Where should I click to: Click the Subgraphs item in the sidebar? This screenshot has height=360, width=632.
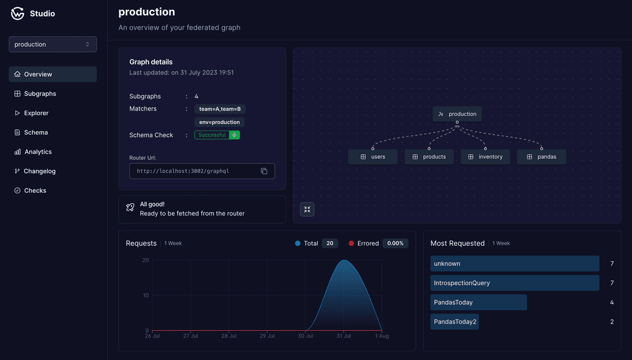(x=40, y=94)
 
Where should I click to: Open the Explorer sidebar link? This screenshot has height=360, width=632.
(x=36, y=113)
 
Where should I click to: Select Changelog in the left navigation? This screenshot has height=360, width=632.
(x=39, y=171)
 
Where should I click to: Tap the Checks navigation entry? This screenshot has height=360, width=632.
(x=35, y=190)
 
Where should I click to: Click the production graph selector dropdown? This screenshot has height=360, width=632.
(x=53, y=44)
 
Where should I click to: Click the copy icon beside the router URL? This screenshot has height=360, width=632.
(x=264, y=171)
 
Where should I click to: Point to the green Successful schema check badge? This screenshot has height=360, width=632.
(x=217, y=135)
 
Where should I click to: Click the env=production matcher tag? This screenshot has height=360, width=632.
(x=219, y=122)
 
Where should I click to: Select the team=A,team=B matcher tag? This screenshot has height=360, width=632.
(x=219, y=109)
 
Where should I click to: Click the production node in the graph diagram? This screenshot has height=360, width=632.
(x=457, y=114)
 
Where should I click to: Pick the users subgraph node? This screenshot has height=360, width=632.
(x=372, y=157)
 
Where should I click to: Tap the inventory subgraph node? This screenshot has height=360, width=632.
(x=485, y=157)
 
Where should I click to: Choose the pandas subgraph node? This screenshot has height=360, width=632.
(x=541, y=157)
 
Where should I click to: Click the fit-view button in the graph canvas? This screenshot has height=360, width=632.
(x=307, y=210)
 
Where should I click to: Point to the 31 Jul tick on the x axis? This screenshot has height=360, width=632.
(x=344, y=336)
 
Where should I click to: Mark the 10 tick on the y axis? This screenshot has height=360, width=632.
(x=145, y=295)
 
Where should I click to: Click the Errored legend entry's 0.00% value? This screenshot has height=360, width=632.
(x=396, y=244)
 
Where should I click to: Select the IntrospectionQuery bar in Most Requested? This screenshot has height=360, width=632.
(x=514, y=283)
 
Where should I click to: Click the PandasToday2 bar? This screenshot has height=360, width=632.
(x=455, y=322)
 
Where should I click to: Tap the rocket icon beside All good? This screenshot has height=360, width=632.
(x=130, y=208)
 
